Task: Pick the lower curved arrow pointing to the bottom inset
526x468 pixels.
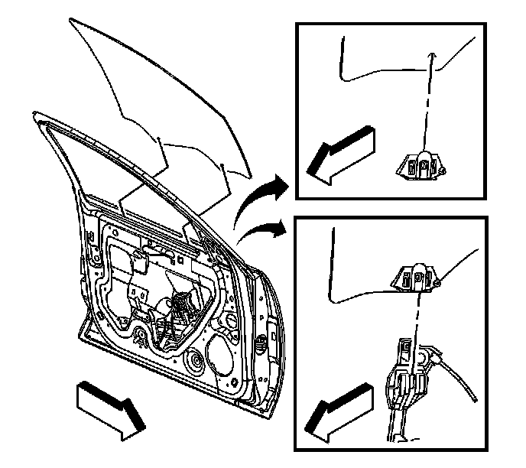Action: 258,229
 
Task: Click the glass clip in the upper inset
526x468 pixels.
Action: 418,165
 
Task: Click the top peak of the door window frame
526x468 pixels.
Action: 36,115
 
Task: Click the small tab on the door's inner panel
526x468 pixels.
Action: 142,260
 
